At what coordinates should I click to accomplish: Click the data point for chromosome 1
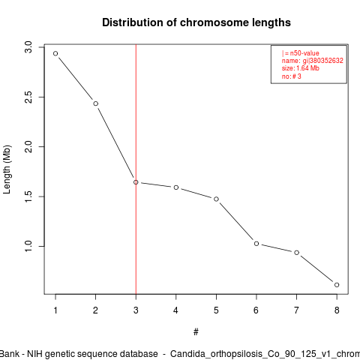pyautogui.click(x=55, y=53)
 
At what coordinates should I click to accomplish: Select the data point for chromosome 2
pyautogui.click(x=96, y=103)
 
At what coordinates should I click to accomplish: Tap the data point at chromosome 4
pyautogui.click(x=176, y=187)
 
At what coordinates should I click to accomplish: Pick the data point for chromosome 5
pyautogui.click(x=216, y=199)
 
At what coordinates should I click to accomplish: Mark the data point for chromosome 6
pyautogui.click(x=256, y=244)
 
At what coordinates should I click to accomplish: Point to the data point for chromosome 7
pyautogui.click(x=297, y=253)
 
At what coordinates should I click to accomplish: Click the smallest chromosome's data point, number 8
pyautogui.click(x=337, y=285)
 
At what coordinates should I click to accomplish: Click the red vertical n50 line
pyautogui.click(x=136, y=169)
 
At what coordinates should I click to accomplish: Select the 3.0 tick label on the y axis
pyautogui.click(x=28, y=47)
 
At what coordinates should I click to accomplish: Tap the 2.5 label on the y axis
pyautogui.click(x=28, y=97)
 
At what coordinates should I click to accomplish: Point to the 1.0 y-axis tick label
pyautogui.click(x=28, y=246)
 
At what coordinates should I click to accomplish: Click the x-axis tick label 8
pyautogui.click(x=337, y=310)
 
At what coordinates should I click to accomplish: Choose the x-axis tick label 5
pyautogui.click(x=216, y=310)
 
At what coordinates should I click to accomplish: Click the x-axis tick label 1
pyautogui.click(x=55, y=310)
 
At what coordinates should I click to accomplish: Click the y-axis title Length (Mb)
pyautogui.click(x=7, y=169)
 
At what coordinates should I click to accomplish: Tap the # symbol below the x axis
pyautogui.click(x=196, y=332)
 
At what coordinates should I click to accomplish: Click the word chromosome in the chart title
pyautogui.click(x=214, y=22)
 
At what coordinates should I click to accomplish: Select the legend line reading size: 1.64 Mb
pyautogui.click(x=301, y=68)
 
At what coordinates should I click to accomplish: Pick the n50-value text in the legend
pyautogui.click(x=304, y=53)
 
